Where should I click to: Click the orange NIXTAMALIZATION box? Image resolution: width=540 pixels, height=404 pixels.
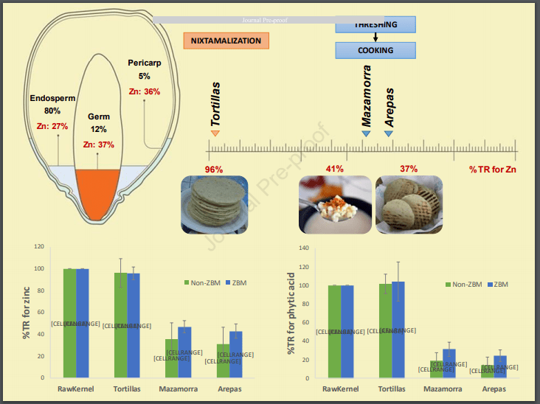click(226, 41)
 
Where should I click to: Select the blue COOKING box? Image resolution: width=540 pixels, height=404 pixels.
click(375, 50)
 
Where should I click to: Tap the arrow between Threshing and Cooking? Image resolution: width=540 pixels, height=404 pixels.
click(375, 37)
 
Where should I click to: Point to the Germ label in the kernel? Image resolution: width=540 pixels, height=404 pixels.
click(98, 116)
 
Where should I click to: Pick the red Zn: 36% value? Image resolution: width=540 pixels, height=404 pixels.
click(144, 91)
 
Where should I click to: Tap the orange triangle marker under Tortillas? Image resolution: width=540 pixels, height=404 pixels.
click(215, 133)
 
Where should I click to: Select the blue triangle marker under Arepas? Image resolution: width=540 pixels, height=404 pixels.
click(388, 133)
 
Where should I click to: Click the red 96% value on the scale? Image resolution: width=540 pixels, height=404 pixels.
click(214, 170)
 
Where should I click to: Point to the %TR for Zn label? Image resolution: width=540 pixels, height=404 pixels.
click(492, 170)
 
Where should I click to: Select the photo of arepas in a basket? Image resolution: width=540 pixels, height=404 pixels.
click(409, 205)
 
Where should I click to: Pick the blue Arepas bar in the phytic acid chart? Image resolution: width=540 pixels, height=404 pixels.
click(499, 369)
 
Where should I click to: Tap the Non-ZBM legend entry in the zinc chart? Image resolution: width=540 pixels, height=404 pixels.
click(204, 282)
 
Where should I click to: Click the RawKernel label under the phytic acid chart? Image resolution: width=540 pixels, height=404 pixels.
click(341, 389)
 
